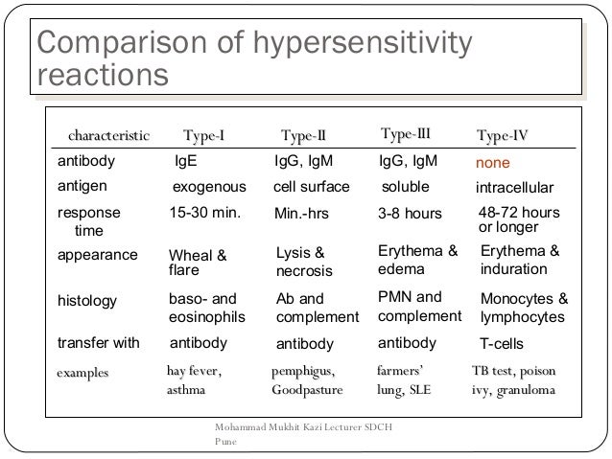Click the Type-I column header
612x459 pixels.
(x=203, y=135)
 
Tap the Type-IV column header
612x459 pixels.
(x=508, y=135)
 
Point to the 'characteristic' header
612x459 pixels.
(x=107, y=135)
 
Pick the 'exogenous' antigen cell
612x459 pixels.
(x=208, y=187)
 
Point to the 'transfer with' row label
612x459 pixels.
(x=99, y=343)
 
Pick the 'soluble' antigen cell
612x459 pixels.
(x=406, y=186)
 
